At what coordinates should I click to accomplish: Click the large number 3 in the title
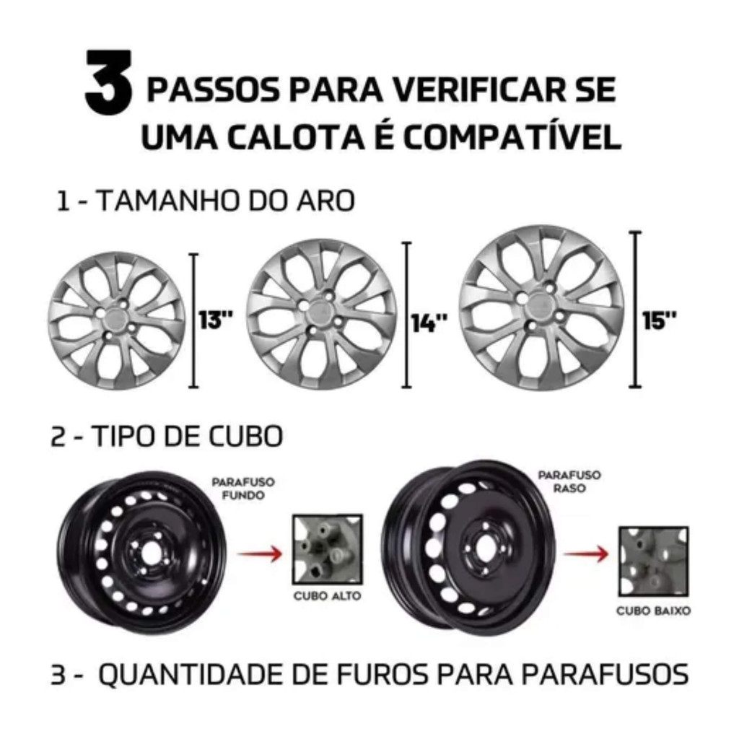click(x=108, y=82)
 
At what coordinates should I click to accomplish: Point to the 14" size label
click(x=429, y=323)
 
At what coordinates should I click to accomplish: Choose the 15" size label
click(x=660, y=320)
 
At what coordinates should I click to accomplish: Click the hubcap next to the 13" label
click(x=117, y=320)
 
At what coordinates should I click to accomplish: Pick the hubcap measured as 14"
click(x=321, y=314)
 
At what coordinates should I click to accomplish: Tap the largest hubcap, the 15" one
click(x=541, y=307)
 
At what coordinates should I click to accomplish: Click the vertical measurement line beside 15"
click(x=635, y=309)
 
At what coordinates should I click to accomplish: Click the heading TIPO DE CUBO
click(x=167, y=436)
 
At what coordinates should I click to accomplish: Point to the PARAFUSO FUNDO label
click(x=243, y=489)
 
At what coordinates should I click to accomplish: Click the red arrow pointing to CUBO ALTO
click(x=259, y=554)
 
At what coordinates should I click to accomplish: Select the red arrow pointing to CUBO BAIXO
click(x=586, y=554)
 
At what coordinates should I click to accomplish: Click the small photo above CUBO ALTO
click(x=328, y=549)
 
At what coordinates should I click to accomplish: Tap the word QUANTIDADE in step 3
click(x=191, y=675)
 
